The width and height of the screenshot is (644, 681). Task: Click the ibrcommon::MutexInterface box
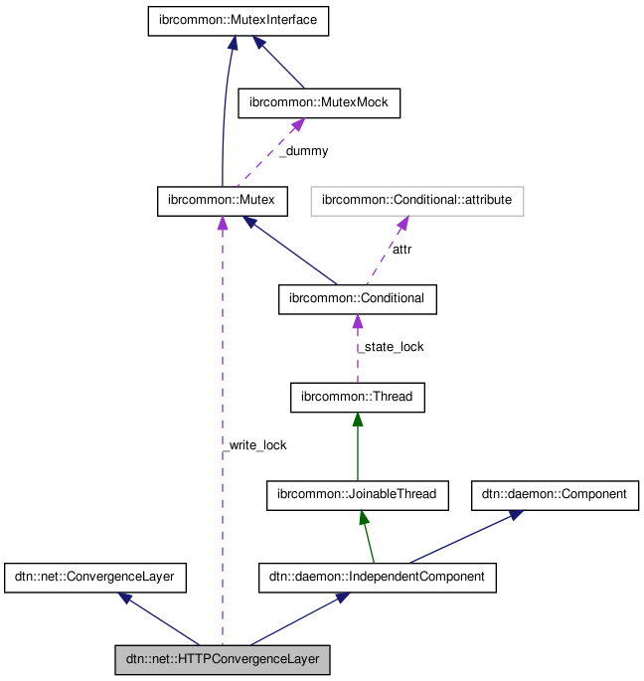(x=239, y=22)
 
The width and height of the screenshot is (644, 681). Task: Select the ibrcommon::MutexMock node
(x=319, y=102)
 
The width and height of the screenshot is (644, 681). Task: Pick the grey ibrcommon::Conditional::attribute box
(x=416, y=201)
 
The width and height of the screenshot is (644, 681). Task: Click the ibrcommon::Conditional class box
(x=357, y=298)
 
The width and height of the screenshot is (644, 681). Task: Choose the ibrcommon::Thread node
(x=357, y=398)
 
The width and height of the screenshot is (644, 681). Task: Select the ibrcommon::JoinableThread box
(x=357, y=494)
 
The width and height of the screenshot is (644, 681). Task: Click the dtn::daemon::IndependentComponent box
(x=377, y=577)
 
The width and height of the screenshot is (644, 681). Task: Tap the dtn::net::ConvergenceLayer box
(x=95, y=577)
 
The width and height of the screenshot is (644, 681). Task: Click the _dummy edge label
(x=302, y=151)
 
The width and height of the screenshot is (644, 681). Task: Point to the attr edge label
(x=401, y=249)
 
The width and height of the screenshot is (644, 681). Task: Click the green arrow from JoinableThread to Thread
(x=357, y=446)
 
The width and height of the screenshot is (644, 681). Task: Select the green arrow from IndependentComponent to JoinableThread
(x=367, y=537)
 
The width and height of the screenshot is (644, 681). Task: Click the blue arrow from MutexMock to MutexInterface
(x=281, y=64)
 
